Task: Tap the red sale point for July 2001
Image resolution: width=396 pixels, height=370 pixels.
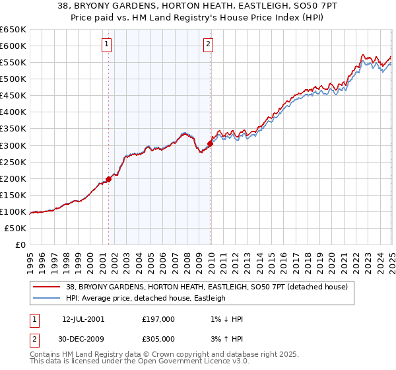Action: pos(109,179)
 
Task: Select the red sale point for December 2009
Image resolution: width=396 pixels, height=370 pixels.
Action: pos(211,143)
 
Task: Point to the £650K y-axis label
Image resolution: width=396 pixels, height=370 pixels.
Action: pos(13,30)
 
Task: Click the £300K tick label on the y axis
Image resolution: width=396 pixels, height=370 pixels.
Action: pos(13,145)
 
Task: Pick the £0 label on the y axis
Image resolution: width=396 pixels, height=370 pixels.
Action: pos(21,245)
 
